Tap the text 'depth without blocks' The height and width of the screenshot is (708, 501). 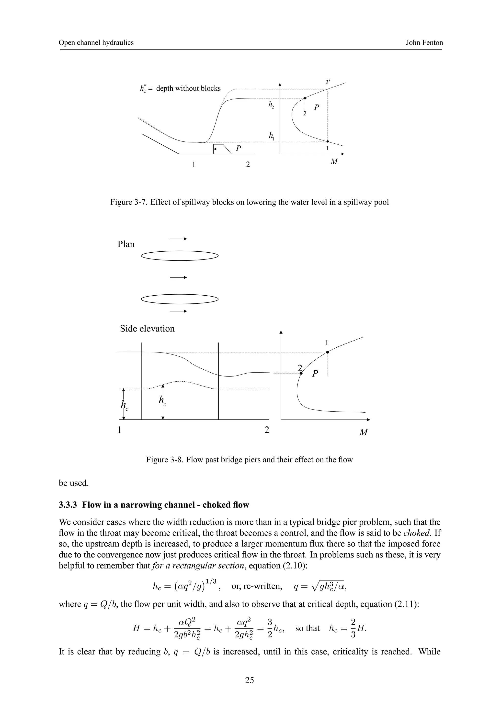[x=188, y=88]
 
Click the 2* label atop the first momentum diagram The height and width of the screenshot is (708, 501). [x=328, y=82]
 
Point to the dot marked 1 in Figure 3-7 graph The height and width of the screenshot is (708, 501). [x=328, y=141]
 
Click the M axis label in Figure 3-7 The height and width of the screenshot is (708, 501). [x=334, y=161]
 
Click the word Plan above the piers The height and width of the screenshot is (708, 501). [x=126, y=244]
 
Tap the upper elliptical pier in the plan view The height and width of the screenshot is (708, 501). [x=180, y=256]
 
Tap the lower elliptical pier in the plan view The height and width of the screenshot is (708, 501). [x=180, y=299]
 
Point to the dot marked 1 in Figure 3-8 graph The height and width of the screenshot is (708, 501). [x=328, y=352]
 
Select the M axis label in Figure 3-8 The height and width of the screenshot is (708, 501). [x=363, y=432]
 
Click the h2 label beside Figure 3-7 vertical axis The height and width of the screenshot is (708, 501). [x=271, y=106]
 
